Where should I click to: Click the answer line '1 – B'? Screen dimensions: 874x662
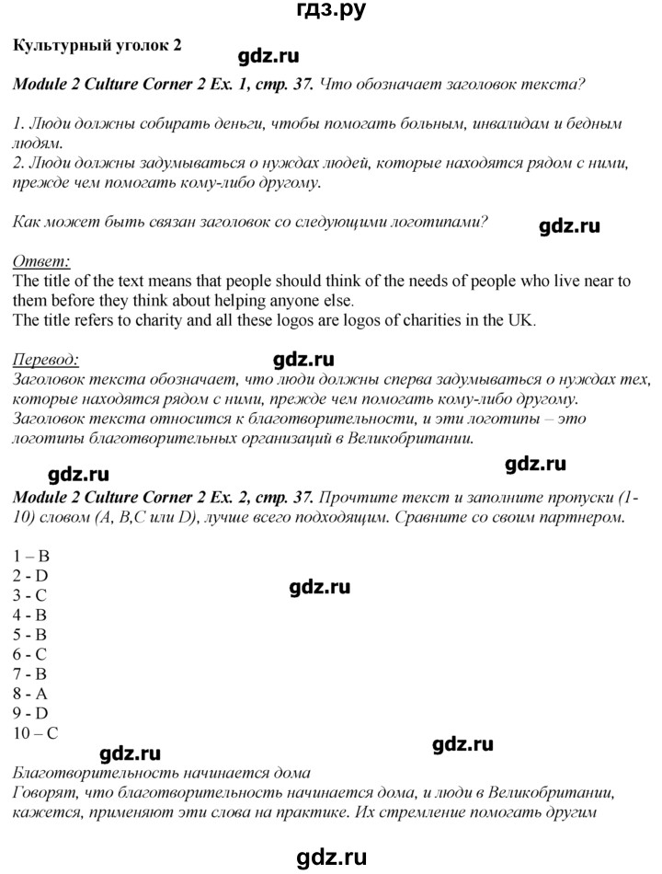31,557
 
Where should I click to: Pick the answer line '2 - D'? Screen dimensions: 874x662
31,576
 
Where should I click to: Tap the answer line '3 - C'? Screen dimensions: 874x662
31,595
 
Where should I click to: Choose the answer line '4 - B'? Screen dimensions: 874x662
31,615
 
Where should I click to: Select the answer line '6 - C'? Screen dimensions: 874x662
31,654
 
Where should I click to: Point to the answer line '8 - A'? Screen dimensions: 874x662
31,693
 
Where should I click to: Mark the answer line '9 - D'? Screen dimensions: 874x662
31,713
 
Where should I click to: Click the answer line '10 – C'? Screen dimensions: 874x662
36,732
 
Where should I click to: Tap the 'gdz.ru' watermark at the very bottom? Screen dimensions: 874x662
332,857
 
